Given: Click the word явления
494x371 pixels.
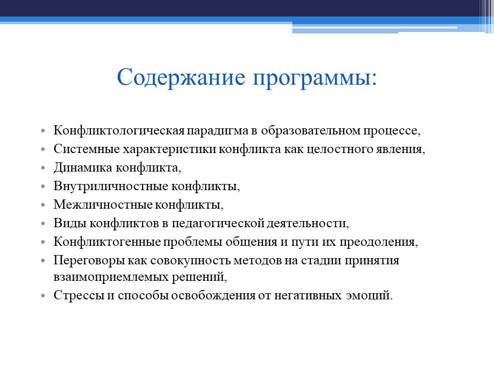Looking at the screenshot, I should (404, 149).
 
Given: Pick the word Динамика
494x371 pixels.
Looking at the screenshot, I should (83, 168).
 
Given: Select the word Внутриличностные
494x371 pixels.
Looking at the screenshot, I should (102, 187).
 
